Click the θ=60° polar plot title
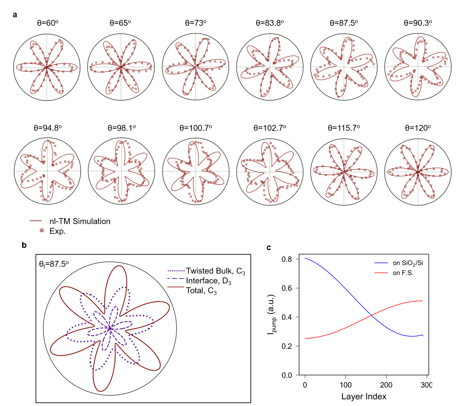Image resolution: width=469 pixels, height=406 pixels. [48, 23]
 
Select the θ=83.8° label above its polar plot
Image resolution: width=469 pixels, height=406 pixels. [270, 23]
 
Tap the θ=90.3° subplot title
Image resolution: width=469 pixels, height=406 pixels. [418, 23]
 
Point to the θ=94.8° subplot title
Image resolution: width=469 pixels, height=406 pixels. [48, 128]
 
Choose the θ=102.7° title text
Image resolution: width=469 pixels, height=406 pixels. [270, 128]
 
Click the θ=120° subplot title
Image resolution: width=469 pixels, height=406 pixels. [418, 128]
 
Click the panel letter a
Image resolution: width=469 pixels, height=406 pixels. [15, 15]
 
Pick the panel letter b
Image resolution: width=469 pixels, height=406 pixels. [24, 245]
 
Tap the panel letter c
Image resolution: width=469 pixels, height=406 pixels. [269, 248]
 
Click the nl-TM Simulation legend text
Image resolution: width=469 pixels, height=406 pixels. [80, 221]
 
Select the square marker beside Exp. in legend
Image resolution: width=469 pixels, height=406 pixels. [42, 231]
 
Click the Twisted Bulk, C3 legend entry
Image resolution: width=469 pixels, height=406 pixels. [215, 271]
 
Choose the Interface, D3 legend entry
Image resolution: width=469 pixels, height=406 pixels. [208, 281]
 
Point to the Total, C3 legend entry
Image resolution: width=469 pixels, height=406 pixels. [201, 291]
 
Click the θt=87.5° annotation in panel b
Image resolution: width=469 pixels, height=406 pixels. [54, 264]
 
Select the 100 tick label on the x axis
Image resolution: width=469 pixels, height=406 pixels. [345, 385]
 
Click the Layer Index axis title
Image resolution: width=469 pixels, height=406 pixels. [364, 397]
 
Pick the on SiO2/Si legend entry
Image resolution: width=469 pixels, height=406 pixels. [408, 263]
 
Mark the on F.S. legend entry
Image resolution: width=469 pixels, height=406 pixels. [403, 273]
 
